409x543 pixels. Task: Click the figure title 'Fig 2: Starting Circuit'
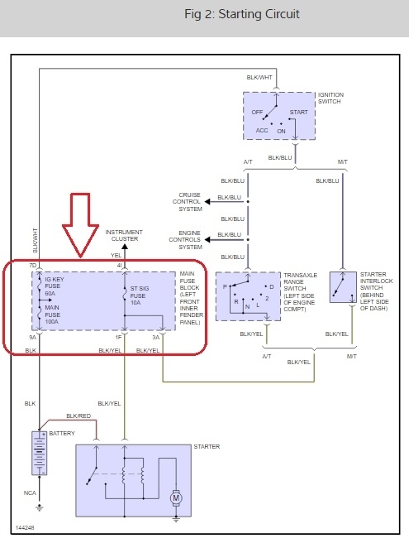point(241,14)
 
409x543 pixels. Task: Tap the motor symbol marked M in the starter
point(176,498)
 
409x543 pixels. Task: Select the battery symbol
point(40,453)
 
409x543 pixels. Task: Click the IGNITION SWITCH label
point(331,98)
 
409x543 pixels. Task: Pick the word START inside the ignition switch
point(299,113)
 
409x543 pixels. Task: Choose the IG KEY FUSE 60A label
point(55,286)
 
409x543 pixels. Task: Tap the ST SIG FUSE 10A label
point(140,296)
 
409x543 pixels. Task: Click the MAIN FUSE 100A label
point(52,315)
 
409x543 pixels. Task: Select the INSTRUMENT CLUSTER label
point(124,235)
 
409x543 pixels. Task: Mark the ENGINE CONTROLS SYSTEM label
point(185,240)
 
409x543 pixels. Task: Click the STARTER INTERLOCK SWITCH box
point(343,287)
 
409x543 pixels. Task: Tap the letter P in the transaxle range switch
point(225,286)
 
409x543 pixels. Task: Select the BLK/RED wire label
point(78,416)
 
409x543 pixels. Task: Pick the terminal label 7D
point(32,266)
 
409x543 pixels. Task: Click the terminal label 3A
point(156,337)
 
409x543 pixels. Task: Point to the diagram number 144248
point(25,528)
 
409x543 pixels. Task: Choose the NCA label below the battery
point(30,493)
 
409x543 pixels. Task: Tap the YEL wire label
point(117,255)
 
